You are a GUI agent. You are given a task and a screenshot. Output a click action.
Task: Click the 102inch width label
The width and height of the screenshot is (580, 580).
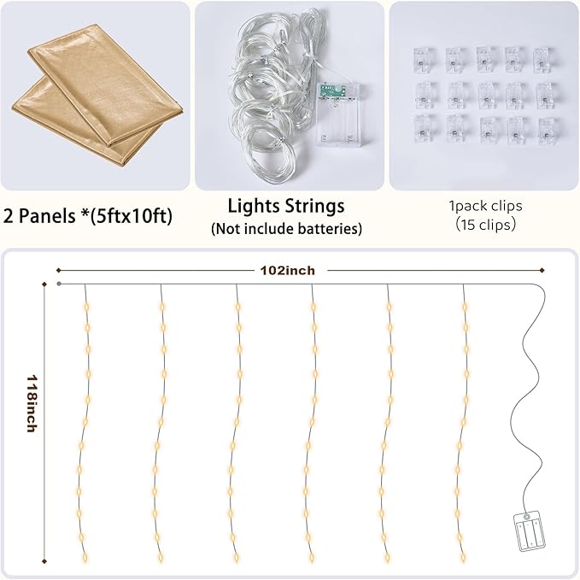(x=287, y=271)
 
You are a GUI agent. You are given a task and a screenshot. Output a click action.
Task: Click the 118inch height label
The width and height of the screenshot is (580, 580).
(x=32, y=403)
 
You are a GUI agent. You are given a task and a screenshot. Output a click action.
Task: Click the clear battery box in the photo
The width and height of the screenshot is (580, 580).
(x=337, y=115)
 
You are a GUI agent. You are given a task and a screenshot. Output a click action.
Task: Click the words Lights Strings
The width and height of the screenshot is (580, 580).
(x=286, y=207)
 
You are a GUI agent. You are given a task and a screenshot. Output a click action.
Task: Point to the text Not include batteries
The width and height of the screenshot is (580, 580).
(x=286, y=229)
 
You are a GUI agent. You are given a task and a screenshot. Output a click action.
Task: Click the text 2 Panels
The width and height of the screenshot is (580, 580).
(x=39, y=215)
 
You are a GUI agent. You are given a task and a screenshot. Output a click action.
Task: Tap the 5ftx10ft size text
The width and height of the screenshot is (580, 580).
(x=132, y=216)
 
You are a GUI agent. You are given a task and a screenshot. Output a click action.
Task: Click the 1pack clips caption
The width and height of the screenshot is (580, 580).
(x=486, y=206)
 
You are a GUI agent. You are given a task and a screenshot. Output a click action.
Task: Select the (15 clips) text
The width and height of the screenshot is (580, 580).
(x=486, y=225)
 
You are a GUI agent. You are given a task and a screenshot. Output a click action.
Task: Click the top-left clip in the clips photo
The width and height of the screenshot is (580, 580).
(x=424, y=61)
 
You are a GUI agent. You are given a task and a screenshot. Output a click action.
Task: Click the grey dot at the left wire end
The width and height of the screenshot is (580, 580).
(x=59, y=284)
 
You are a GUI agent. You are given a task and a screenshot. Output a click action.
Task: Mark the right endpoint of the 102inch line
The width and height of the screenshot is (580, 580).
(x=542, y=271)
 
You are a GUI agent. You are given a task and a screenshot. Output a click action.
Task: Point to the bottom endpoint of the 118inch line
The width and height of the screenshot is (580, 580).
(x=44, y=561)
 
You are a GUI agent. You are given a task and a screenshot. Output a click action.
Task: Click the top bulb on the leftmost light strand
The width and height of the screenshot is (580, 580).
(x=87, y=307)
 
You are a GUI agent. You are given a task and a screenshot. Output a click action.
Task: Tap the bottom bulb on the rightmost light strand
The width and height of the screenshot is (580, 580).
(x=464, y=556)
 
